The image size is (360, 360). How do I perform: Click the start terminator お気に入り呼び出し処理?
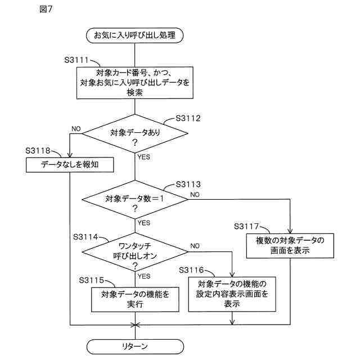134,36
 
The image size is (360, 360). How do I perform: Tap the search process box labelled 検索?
134,83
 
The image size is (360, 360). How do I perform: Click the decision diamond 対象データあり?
134,137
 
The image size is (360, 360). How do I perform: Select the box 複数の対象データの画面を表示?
290,246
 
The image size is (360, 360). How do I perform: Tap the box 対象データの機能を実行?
134,299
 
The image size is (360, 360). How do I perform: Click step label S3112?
188,119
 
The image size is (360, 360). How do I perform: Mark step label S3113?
188,184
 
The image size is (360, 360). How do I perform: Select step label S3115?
92,280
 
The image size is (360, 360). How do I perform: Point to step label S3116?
191,271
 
